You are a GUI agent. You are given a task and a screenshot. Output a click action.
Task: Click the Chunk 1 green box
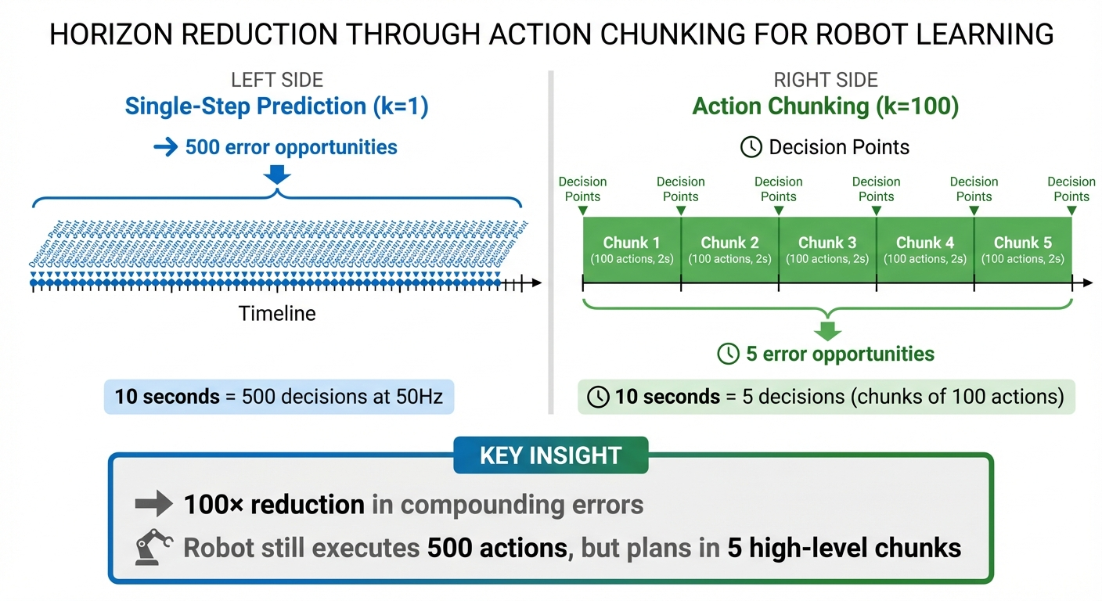[x=632, y=250]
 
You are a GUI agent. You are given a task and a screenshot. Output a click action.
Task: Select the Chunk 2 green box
[x=729, y=250]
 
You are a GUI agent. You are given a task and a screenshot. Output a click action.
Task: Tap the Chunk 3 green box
[x=827, y=250]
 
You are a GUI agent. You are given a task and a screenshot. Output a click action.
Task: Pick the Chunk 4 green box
[x=925, y=250]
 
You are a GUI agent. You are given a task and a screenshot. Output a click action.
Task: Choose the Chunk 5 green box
[x=1023, y=250]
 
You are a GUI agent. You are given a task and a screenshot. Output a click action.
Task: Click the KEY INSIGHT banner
[x=550, y=455]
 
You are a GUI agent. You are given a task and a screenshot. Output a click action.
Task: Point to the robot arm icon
[x=153, y=546]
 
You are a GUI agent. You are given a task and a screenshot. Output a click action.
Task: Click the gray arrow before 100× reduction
[x=153, y=505]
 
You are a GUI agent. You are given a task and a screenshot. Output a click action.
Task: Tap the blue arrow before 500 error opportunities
[x=166, y=147]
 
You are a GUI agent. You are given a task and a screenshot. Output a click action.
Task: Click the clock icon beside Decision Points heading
[x=751, y=147]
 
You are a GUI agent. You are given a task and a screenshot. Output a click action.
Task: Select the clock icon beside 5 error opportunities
[x=729, y=354]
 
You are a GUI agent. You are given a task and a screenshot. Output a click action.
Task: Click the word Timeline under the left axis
[x=277, y=314]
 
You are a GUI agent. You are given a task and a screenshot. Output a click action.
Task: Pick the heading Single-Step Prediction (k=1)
[x=276, y=106]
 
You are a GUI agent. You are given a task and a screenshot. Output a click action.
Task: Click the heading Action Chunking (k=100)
[x=826, y=106]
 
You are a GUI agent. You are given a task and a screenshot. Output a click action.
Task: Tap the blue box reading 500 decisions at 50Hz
[x=279, y=397]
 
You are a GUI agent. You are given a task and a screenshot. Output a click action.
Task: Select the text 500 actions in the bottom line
[x=497, y=547]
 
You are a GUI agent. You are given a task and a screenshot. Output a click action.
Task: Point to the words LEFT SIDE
[x=277, y=80]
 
